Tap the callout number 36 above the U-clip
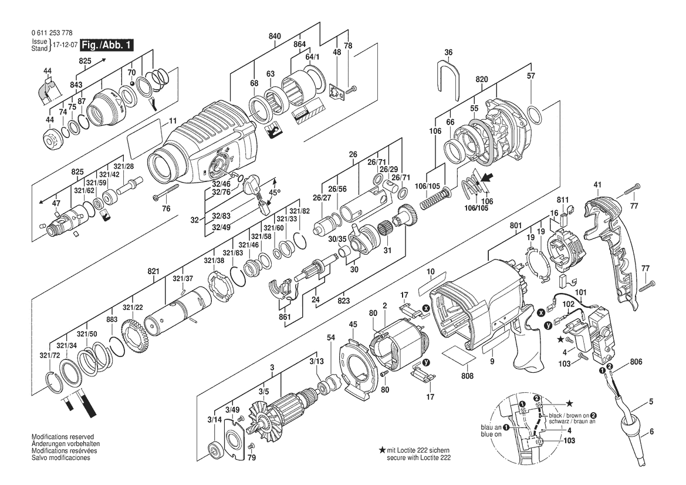pos(448,52)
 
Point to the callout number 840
pos(275,36)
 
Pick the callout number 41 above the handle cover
pos(597,185)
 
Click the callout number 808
pos(467,376)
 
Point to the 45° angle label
pos(274,192)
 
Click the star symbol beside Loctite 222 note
pos(382,450)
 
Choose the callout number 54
pos(331,338)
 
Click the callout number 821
pos(153,271)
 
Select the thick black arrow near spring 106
pos(484,178)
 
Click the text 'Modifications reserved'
pos(62,437)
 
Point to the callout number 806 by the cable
pos(636,362)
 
